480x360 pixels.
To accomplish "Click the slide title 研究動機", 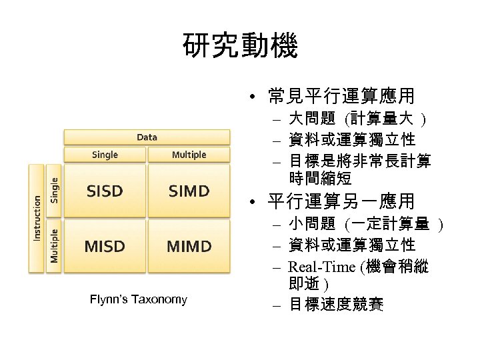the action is coord(239,47).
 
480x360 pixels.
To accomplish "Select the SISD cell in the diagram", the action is coord(105,191).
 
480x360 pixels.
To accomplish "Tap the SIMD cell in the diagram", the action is coord(189,191).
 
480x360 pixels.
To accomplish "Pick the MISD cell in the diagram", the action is coord(105,246).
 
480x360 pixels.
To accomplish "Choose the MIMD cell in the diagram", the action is coord(189,246).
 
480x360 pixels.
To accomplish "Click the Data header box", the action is coord(147,137).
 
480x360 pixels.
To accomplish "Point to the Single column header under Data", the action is coord(105,155).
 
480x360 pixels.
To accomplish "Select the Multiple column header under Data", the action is coord(189,155).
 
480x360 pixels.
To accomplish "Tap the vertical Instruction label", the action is coord(37,217).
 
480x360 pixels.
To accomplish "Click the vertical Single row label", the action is coord(55,190).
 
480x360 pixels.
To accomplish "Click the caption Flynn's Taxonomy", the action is coord(139,299).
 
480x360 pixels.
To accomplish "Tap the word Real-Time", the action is coord(323,267).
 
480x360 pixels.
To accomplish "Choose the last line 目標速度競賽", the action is coord(336,306).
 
